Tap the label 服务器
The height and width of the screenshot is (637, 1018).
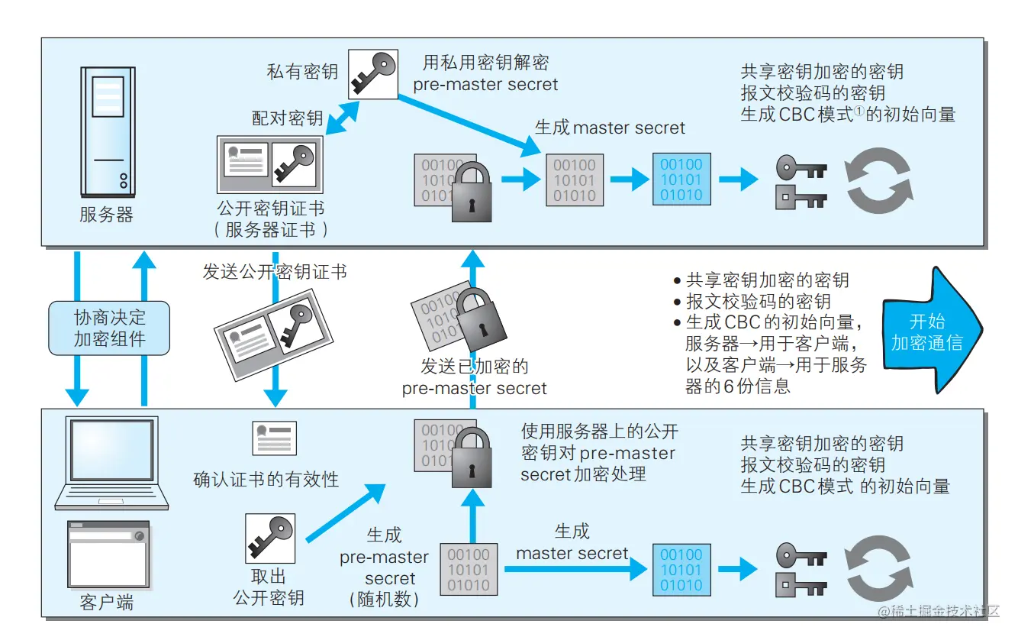106,215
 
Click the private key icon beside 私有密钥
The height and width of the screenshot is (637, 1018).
372,74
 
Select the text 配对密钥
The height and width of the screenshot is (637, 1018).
288,118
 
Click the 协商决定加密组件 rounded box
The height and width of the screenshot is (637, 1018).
109,328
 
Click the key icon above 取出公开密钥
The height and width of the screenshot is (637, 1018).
269,538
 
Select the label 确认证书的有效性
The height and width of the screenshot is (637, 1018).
266,480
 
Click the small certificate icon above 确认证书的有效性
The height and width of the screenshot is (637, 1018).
274,438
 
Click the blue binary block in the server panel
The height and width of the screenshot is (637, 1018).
681,180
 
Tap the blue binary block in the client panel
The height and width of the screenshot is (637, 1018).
681,570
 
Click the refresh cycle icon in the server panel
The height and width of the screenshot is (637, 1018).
878,181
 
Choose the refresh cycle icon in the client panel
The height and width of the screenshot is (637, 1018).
878,570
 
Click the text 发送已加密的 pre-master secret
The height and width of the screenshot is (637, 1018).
475,377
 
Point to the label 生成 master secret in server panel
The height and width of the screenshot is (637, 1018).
610,128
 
